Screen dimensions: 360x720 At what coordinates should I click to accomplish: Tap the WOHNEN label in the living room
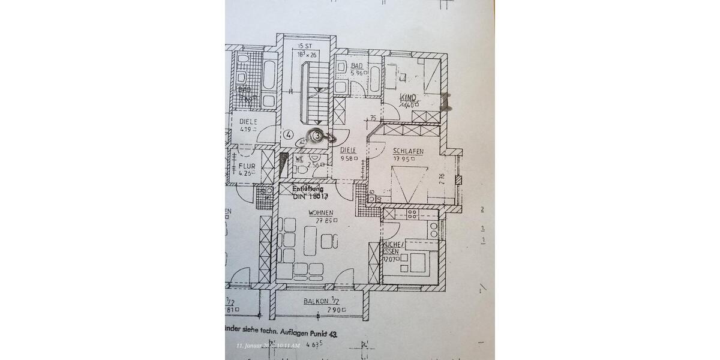[x=320, y=213]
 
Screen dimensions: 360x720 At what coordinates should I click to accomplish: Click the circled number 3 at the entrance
[x=317, y=136]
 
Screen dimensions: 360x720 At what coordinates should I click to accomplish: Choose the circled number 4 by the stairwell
[x=289, y=135]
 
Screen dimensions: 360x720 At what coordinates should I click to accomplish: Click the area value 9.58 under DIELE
[x=349, y=159]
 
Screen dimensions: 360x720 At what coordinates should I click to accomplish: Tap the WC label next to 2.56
[x=299, y=159]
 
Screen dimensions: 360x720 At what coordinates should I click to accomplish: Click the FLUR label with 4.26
[x=246, y=166]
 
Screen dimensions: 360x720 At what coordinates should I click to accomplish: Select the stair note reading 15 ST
[x=306, y=46]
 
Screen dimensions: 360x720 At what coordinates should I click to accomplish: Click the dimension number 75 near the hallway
[x=373, y=119]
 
